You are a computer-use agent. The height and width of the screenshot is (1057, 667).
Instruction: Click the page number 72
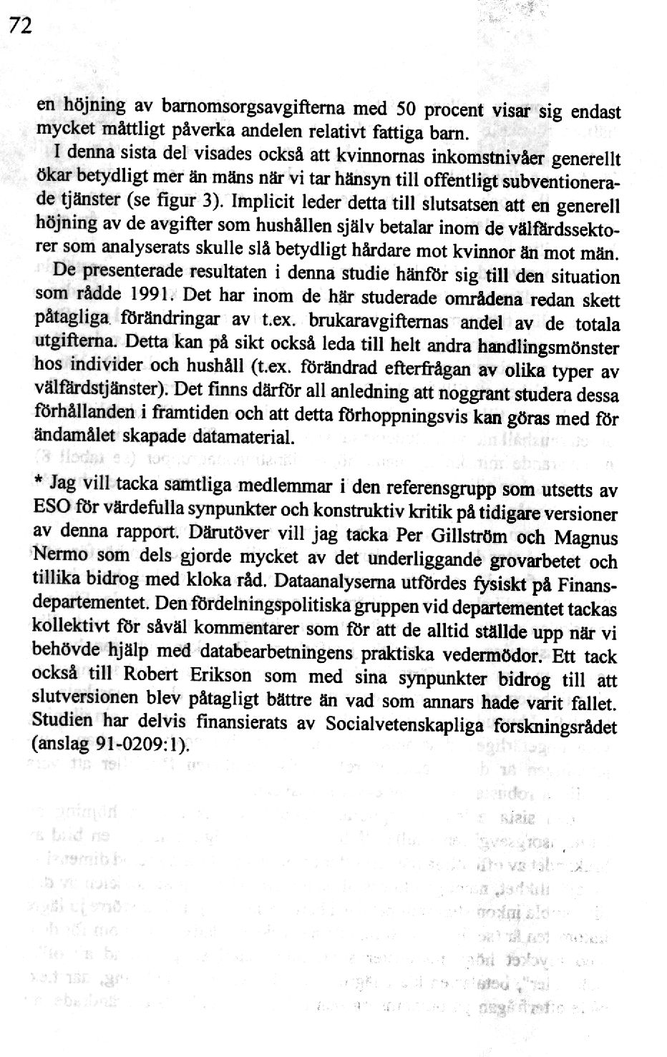[21, 26]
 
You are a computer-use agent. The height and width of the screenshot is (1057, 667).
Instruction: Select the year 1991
[152, 294]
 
